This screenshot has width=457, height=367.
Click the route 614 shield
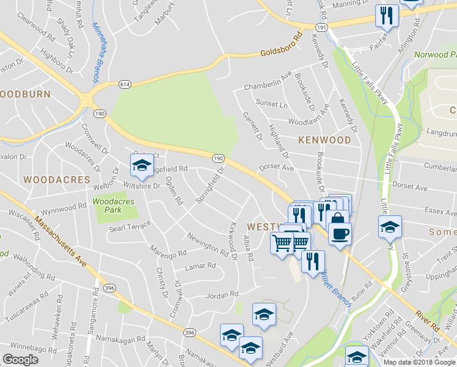[x=124, y=83]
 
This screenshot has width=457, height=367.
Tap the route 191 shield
[x=322, y=28]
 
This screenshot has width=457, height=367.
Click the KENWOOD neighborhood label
[x=324, y=140]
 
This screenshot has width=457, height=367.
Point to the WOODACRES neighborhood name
[x=56, y=180]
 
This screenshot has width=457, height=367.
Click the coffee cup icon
[x=340, y=232]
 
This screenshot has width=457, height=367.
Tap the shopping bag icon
[x=337, y=220]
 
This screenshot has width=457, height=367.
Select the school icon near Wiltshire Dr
[x=142, y=165]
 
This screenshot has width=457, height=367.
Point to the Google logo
[x=20, y=360]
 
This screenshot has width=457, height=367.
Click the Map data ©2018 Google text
[x=419, y=362]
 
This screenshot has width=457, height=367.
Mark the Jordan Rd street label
[x=221, y=295]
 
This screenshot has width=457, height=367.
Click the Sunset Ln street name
[x=271, y=104]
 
